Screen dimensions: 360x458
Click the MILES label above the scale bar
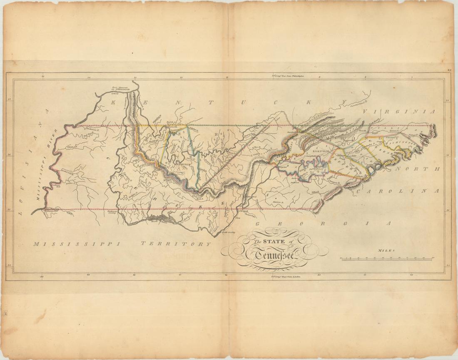[386, 251]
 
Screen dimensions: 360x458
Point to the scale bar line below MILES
[387, 259]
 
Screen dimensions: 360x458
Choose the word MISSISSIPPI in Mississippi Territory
[77, 244]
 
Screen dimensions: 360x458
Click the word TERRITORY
[175, 244]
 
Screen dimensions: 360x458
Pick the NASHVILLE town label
[182, 164]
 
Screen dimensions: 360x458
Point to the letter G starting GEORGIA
[257, 224]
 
